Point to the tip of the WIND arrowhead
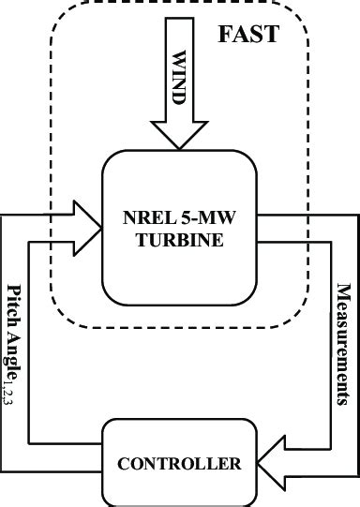tap(178, 148)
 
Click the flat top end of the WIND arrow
tap(178, 18)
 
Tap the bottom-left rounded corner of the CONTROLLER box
tap(105, 500)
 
